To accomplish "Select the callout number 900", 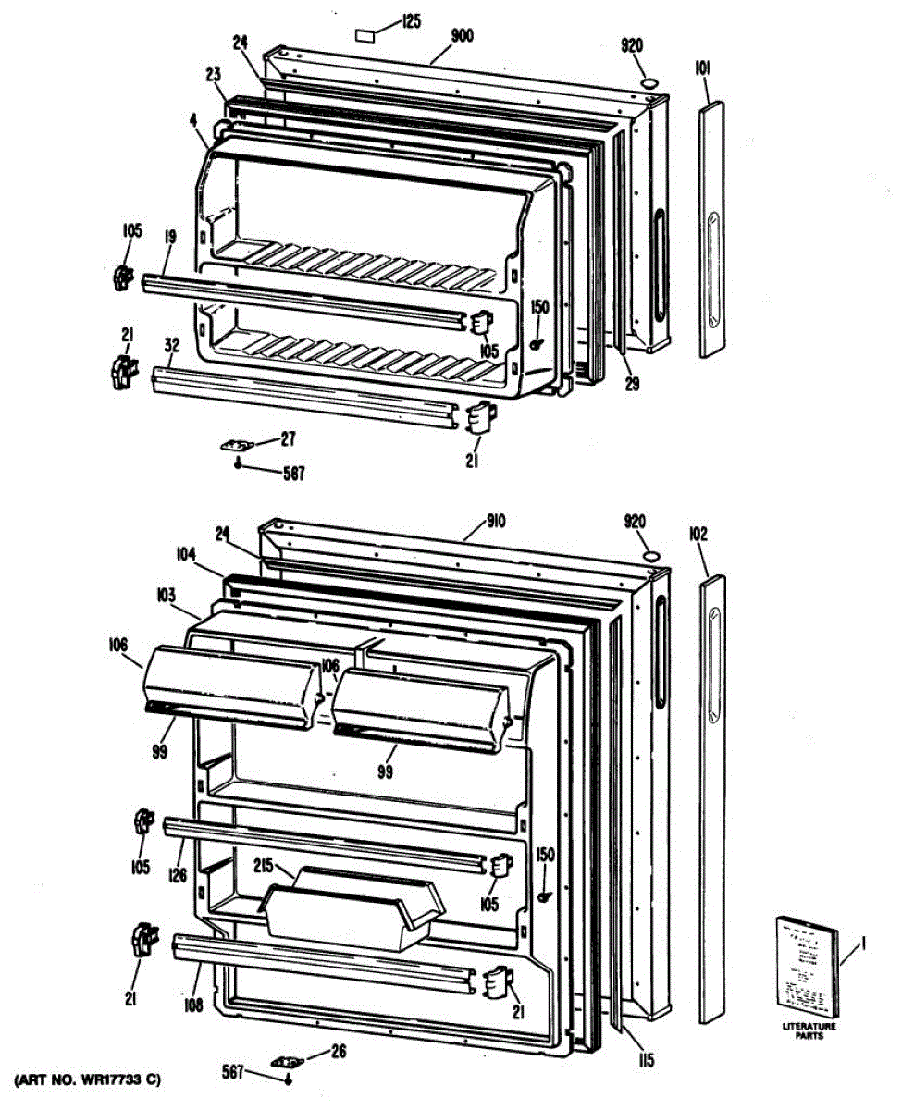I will click(463, 37).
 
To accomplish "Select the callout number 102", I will click(698, 534).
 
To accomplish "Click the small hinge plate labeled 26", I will click(287, 1061).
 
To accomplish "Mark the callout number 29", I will click(633, 383).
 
